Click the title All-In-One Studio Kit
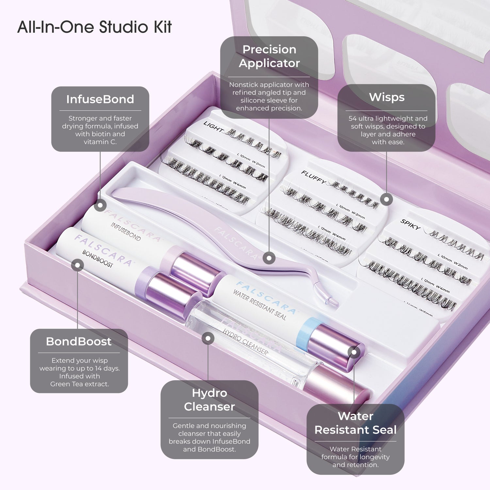click(x=94, y=27)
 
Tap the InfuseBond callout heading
click(x=100, y=99)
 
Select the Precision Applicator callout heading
click(x=269, y=56)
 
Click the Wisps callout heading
click(x=386, y=97)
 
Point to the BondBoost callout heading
click(x=79, y=342)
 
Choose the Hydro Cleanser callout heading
click(x=209, y=400)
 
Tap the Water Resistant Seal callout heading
click(x=355, y=423)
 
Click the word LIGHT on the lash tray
click(x=213, y=126)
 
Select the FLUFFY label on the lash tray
click(x=313, y=177)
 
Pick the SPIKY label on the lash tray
click(x=410, y=224)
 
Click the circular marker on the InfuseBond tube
click(x=100, y=205)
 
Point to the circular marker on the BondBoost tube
click(x=77, y=265)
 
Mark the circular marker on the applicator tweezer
click(x=269, y=258)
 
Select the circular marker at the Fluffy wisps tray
click(x=386, y=199)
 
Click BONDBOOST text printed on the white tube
click(x=97, y=259)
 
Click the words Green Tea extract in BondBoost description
click(x=79, y=384)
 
